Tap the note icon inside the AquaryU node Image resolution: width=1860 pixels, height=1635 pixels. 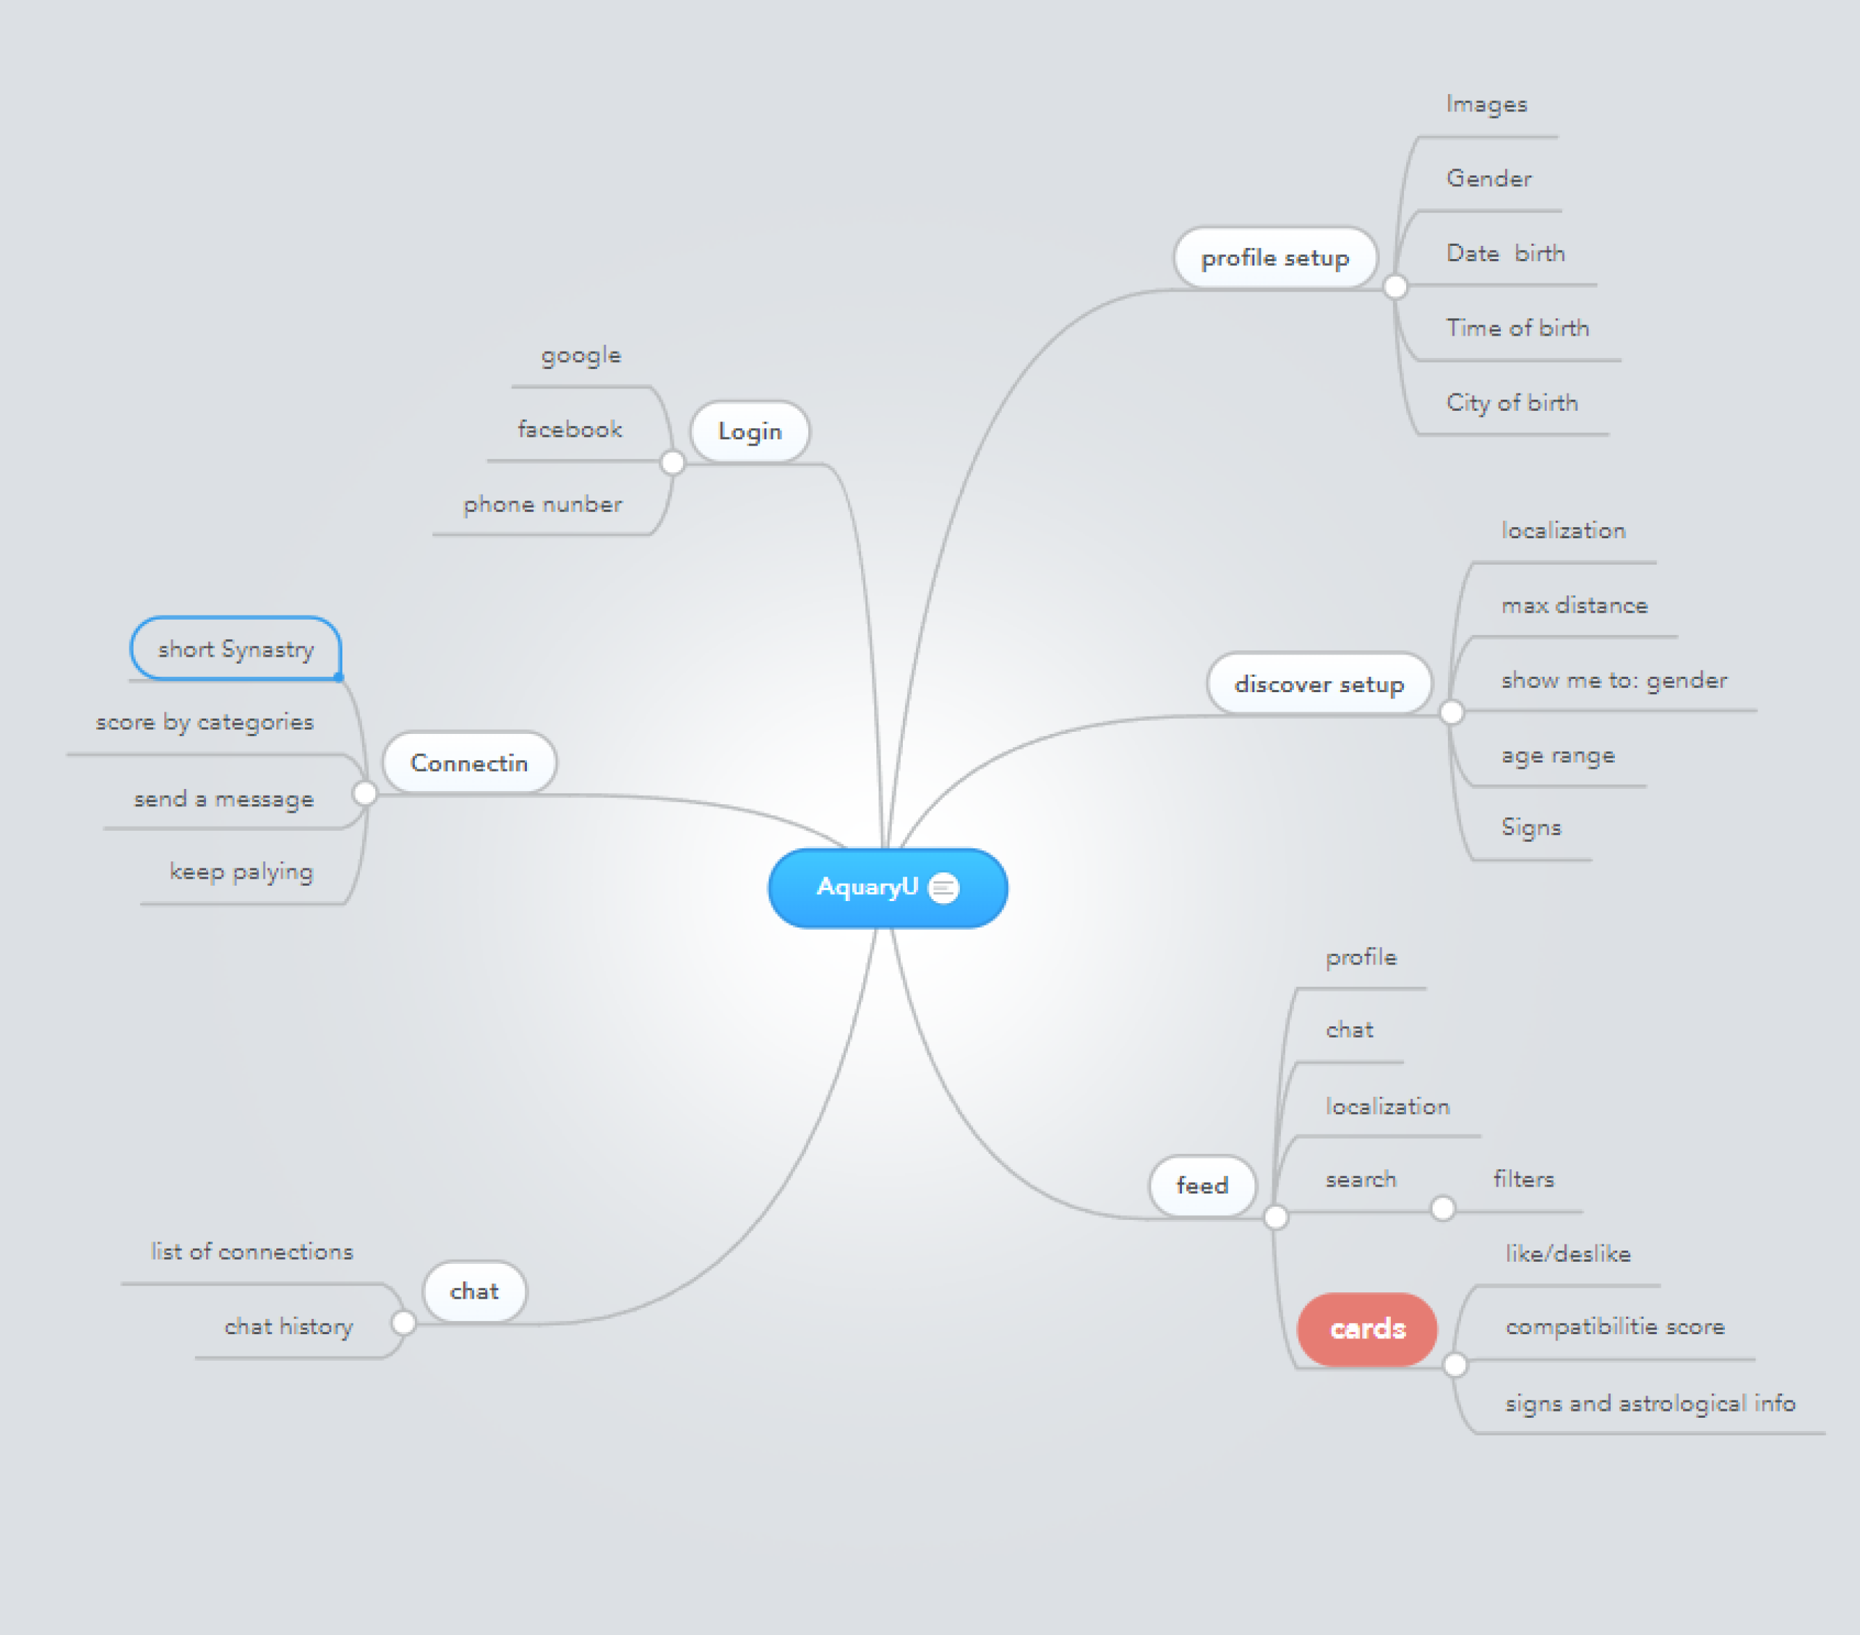coord(944,888)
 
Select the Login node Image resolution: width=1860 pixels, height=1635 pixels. coord(750,432)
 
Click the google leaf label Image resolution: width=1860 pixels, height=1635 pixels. coord(581,355)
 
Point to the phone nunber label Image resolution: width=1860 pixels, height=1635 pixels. coord(543,504)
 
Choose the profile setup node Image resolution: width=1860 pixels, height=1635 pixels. coord(1275,258)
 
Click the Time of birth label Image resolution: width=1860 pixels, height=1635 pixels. coord(1518,328)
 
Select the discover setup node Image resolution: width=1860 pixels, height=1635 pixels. coord(1318,684)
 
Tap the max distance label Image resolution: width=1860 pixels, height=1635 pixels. coord(1575,605)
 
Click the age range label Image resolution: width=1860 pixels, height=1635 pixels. coord(1558,756)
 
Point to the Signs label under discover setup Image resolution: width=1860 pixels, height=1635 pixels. coord(1531,827)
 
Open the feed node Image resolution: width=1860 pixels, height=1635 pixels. coord(1202,1185)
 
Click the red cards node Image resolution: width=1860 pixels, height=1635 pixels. coord(1366,1329)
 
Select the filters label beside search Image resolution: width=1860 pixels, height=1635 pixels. coord(1523,1180)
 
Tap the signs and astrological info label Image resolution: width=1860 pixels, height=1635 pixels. coord(1650,1404)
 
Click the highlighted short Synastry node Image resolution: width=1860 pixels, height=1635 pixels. coord(236,649)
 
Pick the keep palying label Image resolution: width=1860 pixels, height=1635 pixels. coord(241,872)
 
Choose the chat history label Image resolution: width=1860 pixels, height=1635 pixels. coord(288,1327)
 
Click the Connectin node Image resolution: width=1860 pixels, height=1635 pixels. coord(468,763)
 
